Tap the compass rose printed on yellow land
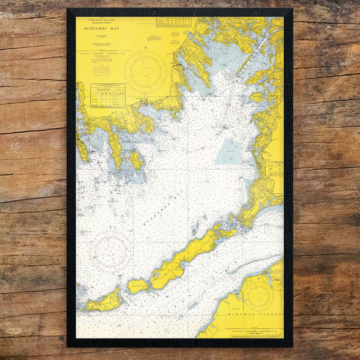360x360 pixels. coord(146,71)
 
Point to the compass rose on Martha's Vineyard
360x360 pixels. coord(258,295)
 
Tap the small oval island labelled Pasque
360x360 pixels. coord(138,286)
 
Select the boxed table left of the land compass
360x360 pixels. coord(107,95)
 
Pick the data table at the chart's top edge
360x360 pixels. coord(173,22)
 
